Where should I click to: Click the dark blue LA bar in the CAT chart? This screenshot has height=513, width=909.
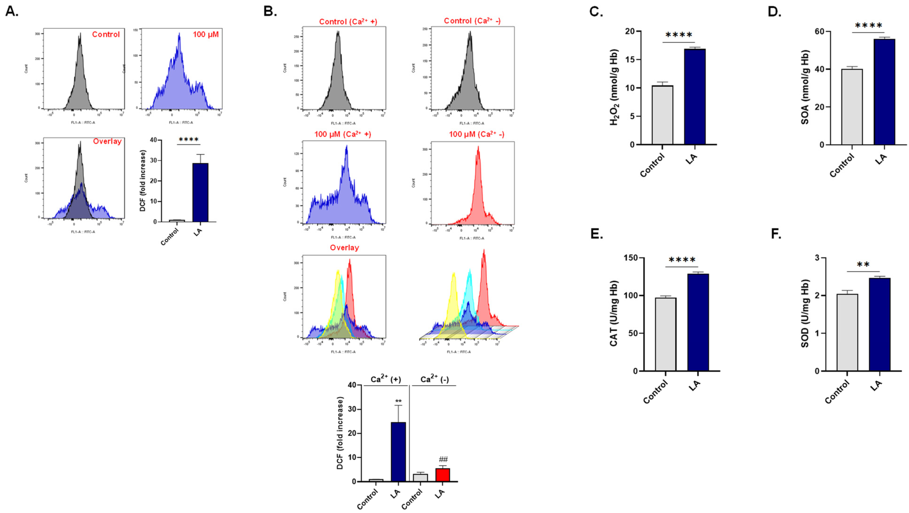(698, 322)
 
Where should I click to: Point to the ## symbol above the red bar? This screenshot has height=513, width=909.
(443, 459)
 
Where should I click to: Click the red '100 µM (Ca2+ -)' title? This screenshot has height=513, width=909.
(476, 134)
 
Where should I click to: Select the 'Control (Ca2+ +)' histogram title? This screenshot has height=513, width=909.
(348, 22)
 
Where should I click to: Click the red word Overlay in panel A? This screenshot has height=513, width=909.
(107, 141)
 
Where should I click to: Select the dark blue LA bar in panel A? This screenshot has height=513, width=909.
(200, 192)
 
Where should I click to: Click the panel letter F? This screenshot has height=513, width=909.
(776, 234)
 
